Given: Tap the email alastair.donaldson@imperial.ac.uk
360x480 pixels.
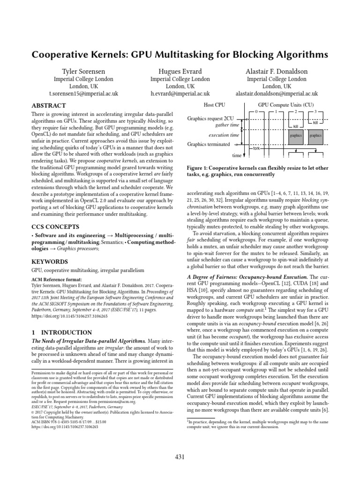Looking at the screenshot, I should tap(277, 94).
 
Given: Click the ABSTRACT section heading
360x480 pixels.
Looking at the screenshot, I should tap(49, 106).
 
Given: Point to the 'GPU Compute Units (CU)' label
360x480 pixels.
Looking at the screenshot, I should tap(286, 105).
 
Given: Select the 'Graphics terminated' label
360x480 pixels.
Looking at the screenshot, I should tap(209, 144).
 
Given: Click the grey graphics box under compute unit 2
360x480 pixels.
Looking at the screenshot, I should tap(296, 135).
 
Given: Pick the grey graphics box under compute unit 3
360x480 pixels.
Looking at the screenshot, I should tap(316, 135).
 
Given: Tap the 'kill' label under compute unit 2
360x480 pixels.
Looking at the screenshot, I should tap(295, 127).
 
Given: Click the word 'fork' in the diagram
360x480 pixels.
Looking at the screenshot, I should tap(256, 148).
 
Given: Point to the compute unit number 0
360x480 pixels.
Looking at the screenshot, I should tap(256, 112).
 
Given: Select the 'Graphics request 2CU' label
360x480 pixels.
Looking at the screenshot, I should tap(210, 119).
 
